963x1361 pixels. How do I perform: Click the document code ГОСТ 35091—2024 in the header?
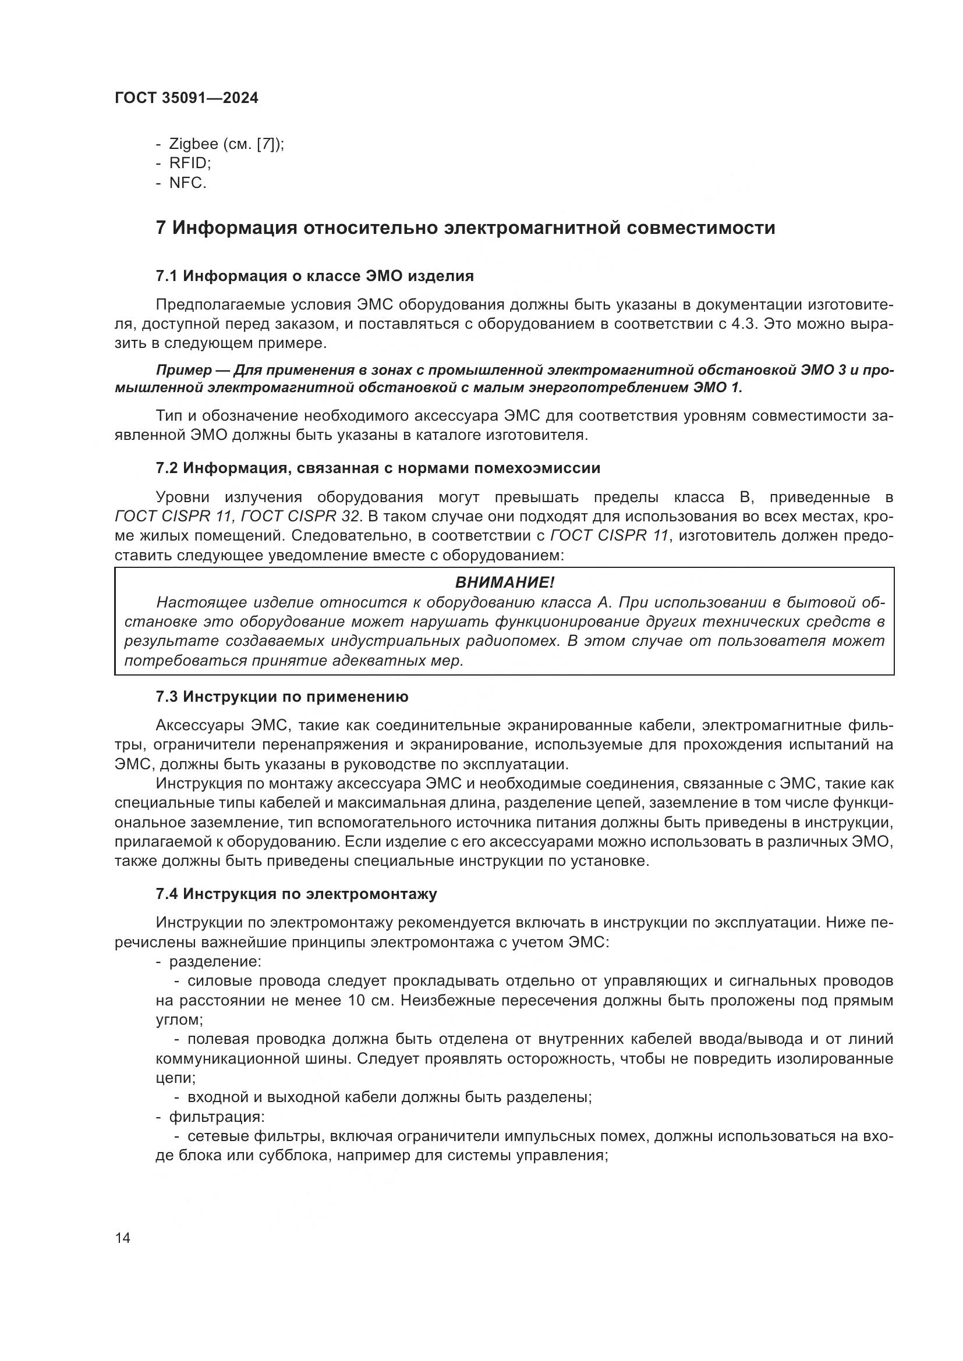point(186,98)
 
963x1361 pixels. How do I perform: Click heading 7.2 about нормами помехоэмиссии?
point(378,468)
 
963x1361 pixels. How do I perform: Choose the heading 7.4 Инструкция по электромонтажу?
point(296,894)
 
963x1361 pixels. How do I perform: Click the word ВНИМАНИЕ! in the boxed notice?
point(504,582)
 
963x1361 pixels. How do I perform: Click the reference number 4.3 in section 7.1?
point(744,324)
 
